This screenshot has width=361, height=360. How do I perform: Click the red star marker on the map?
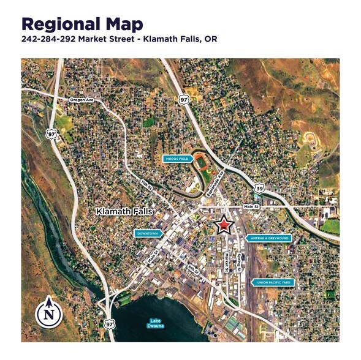(224, 225)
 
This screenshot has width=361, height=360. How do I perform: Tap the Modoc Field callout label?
(178, 158)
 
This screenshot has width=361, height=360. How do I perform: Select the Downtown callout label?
(148, 233)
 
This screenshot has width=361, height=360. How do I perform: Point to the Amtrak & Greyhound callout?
(268, 238)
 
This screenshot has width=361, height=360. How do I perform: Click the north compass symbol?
(47, 313)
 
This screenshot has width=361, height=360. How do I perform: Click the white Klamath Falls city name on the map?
(124, 212)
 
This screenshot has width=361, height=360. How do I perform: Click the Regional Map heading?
(83, 24)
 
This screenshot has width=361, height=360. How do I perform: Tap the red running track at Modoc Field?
(201, 163)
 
